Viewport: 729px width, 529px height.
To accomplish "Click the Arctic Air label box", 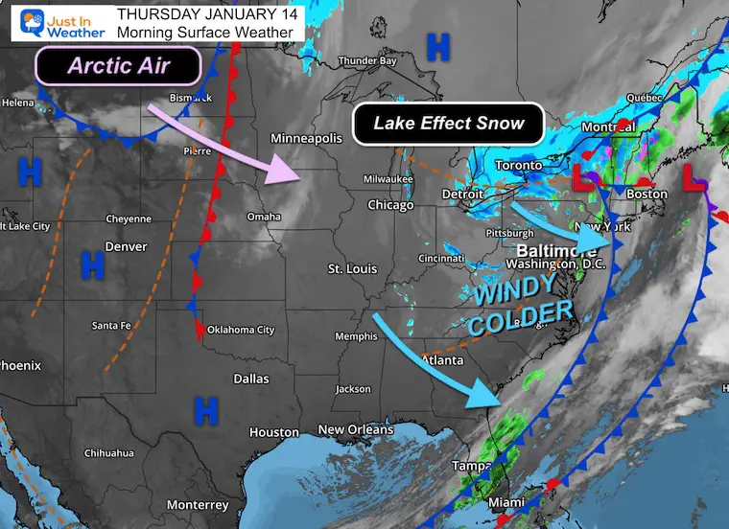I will tap(118, 66).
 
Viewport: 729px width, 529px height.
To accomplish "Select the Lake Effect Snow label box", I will tap(449, 123).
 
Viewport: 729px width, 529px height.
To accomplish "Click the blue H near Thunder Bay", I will tap(438, 45).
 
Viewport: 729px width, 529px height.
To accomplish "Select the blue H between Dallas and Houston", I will tap(205, 409).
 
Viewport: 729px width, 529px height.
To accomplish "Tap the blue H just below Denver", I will tap(92, 264).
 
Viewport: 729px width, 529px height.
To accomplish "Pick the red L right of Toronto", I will tap(581, 177).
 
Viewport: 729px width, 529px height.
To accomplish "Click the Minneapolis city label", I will tap(306, 139).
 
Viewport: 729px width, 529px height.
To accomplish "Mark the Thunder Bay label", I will tap(366, 61).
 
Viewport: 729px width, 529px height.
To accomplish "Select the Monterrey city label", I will tap(197, 505).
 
